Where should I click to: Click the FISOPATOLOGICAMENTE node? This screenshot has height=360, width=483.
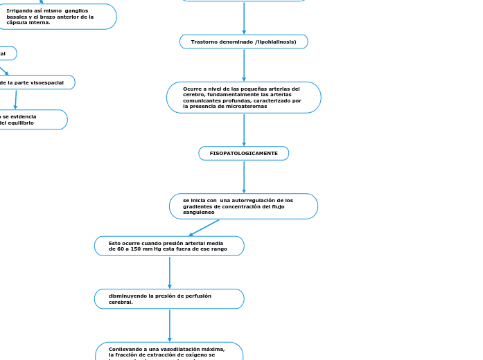click(243, 153)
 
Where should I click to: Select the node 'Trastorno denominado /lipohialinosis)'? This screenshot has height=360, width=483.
click(243, 42)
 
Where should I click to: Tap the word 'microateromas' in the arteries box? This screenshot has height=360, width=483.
click(245, 106)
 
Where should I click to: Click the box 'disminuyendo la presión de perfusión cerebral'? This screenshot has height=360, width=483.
click(169, 299)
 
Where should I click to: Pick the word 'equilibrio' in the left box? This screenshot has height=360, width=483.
click(21, 123)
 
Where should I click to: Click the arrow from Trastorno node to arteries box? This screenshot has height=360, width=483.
click(244, 65)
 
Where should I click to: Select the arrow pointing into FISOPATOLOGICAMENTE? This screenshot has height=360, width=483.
click(244, 129)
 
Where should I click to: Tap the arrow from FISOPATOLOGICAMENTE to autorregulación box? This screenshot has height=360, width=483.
click(244, 177)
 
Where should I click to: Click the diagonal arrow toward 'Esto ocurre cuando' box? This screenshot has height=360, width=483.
click(204, 228)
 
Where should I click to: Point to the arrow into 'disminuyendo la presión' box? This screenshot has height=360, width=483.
click(170, 272)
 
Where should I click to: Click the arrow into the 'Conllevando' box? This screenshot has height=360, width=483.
click(170, 325)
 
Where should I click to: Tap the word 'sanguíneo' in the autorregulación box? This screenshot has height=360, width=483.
click(199, 212)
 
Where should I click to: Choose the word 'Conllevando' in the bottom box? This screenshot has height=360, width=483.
click(123, 349)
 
